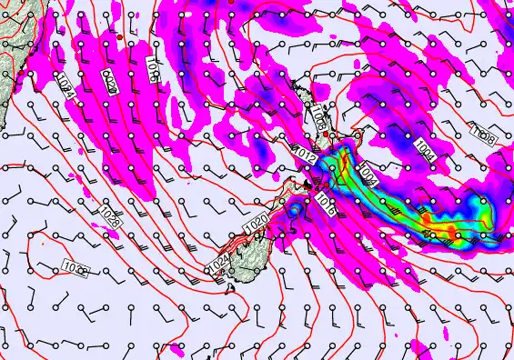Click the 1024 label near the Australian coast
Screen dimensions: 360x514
click(64, 86)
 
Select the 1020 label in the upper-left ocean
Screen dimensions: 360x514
click(109, 82)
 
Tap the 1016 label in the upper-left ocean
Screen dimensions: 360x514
click(152, 72)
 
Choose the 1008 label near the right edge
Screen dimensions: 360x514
click(483, 136)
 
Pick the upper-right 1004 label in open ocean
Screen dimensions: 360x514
click(425, 150)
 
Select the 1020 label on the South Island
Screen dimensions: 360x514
click(256, 223)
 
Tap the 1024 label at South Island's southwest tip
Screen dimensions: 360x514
click(218, 264)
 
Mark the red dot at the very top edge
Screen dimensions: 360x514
click(231, 3)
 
